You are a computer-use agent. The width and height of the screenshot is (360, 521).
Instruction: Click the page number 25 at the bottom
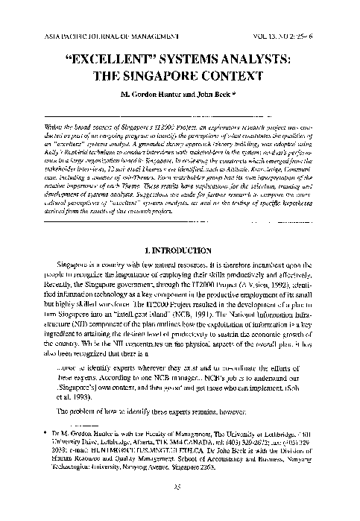(180, 508)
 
